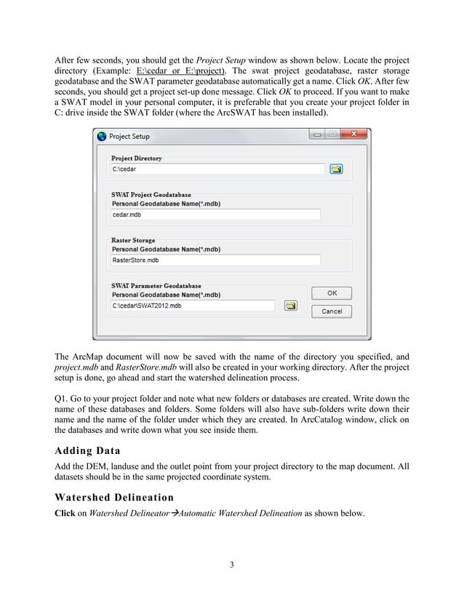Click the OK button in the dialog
click(x=332, y=293)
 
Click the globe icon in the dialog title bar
click(x=101, y=136)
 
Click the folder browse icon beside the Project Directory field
click(x=335, y=169)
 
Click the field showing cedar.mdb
click(x=215, y=215)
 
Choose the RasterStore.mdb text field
click(x=215, y=260)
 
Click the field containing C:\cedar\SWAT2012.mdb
click(x=193, y=306)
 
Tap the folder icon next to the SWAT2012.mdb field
click(x=289, y=306)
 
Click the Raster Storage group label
click(x=133, y=240)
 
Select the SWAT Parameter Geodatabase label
click(x=156, y=286)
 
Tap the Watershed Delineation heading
click(x=114, y=498)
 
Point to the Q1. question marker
click(x=63, y=399)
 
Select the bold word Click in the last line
click(x=66, y=513)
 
